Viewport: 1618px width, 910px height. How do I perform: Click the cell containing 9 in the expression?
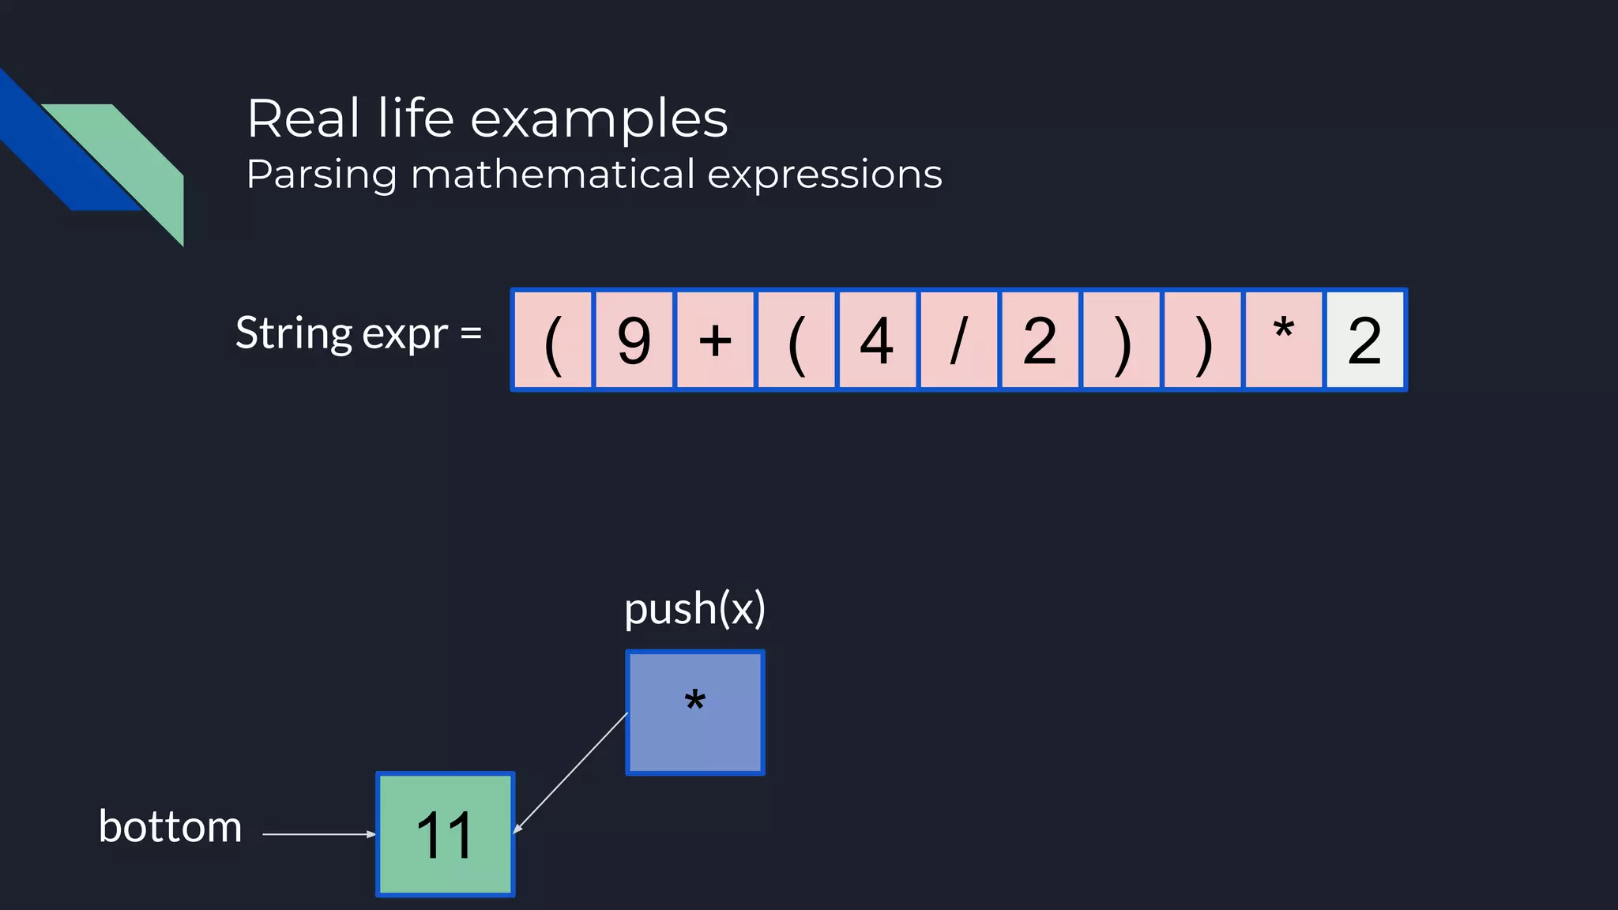pos(634,340)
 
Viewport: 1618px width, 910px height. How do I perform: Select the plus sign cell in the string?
pos(715,340)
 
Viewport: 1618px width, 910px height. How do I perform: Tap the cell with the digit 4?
pos(877,340)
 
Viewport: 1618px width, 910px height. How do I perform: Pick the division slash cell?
pos(958,340)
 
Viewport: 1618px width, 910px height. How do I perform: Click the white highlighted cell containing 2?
pos(1364,340)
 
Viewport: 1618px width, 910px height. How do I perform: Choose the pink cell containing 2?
pos(1040,340)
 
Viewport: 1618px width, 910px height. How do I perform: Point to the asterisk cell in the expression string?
pos(1283,340)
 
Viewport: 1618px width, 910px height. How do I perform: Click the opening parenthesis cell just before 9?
pos(553,340)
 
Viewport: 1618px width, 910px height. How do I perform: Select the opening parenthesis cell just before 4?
pos(796,340)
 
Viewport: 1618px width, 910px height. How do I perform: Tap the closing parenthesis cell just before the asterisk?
pos(1202,340)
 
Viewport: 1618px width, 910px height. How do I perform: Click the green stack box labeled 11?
pos(446,834)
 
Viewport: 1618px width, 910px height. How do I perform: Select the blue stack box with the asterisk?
pos(695,713)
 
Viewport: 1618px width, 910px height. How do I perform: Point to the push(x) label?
pos(694,609)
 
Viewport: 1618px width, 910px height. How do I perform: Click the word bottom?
pos(170,827)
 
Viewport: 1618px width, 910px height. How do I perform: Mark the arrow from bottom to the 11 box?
pos(318,833)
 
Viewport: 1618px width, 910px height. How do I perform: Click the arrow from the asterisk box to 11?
pos(570,773)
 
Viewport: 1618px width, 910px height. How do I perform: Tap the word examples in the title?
pos(599,118)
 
